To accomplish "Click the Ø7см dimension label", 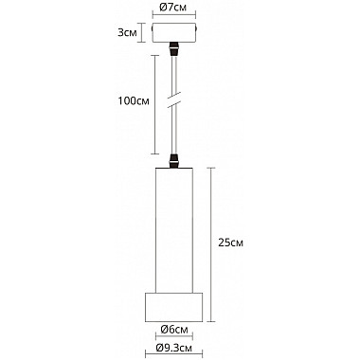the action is [172, 7].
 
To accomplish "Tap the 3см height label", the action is [128, 32].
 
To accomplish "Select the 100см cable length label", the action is [134, 101].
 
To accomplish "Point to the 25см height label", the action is [230, 243].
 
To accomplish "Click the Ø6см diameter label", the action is [174, 330].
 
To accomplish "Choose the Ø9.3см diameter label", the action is [174, 348].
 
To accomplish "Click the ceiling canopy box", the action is [174, 32].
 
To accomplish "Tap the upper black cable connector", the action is [173, 48].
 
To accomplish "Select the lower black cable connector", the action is [173, 161].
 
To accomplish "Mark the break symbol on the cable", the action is [173, 99].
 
